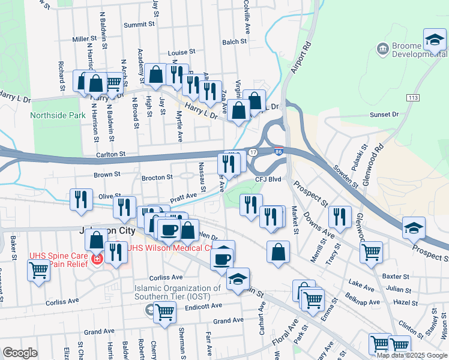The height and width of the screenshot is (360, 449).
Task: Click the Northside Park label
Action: pyautogui.click(x=58, y=115)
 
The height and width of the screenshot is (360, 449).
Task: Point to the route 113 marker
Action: pyautogui.click(x=412, y=97)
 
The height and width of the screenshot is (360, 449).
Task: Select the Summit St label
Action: pyautogui.click(x=139, y=25)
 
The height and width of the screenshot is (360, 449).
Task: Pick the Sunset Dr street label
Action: pyautogui.click(x=384, y=115)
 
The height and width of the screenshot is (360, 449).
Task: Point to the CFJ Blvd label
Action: pyautogui.click(x=268, y=179)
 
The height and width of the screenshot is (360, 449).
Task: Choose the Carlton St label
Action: pyautogui.click(x=110, y=154)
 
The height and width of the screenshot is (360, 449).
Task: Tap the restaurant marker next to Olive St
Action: pyautogui.click(x=82, y=199)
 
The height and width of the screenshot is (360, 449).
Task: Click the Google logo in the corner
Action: pyautogui.click(x=20, y=353)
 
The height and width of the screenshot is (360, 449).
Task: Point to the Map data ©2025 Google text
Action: pyautogui.click(x=412, y=355)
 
